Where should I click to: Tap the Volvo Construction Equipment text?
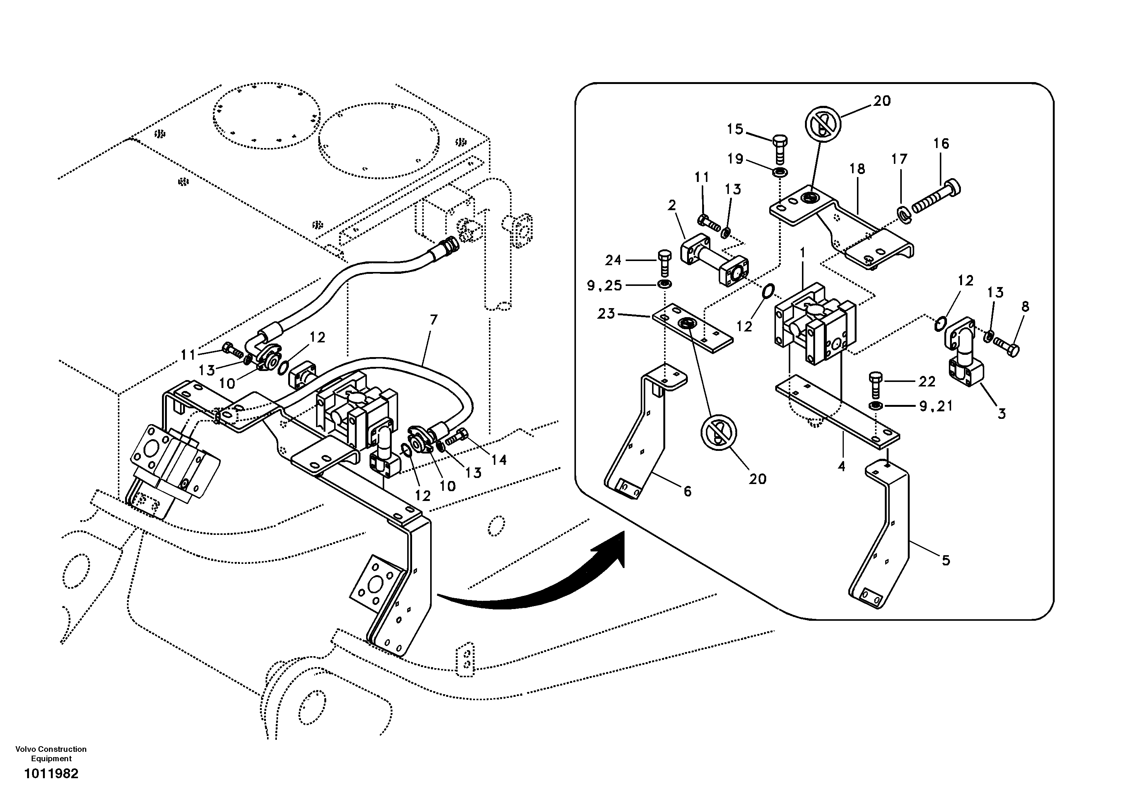[x=51, y=753]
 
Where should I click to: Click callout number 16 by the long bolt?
[x=941, y=144]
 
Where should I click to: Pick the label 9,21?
[x=936, y=406]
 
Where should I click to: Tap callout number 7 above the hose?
[x=434, y=320]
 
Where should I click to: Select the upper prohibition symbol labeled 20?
[x=823, y=124]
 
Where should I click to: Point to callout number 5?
[x=946, y=561]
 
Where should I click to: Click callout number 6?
[x=687, y=491]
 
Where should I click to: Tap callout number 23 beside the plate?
[x=606, y=314]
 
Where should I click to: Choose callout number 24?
[x=613, y=260]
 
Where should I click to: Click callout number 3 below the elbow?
[x=1001, y=414]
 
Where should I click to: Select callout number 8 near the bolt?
[x=1025, y=307]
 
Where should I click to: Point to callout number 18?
[x=857, y=169]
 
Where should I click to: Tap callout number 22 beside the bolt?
[x=926, y=381]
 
